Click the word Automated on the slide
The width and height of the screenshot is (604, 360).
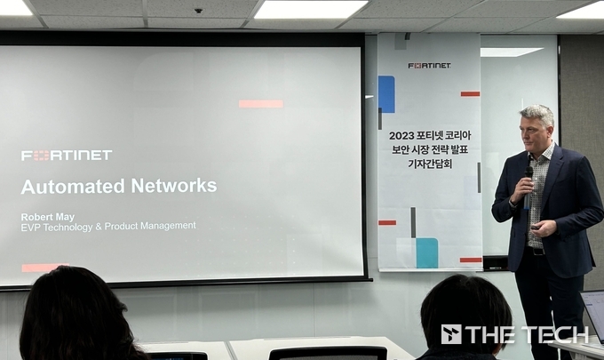[73, 187]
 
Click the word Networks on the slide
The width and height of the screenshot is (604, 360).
[174, 186]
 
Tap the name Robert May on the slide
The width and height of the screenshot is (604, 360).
[48, 217]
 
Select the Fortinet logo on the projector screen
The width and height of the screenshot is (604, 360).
[67, 155]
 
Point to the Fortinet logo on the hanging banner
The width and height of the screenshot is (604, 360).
[430, 66]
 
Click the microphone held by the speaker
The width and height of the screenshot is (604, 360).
[528, 187]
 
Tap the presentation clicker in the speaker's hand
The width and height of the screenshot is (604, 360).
[536, 228]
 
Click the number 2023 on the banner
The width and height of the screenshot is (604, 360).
[401, 136]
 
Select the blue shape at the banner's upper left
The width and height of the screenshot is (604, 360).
[386, 94]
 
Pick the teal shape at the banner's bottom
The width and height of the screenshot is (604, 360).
[427, 252]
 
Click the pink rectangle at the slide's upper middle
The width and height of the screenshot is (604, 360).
[261, 104]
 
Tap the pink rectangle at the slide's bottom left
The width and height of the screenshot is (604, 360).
[44, 268]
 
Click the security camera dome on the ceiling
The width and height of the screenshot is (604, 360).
[198, 11]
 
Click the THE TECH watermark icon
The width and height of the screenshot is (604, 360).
[451, 334]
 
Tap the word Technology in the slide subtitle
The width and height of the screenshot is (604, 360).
[68, 227]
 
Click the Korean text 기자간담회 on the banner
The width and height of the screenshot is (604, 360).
[430, 164]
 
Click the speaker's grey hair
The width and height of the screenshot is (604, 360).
[538, 113]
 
